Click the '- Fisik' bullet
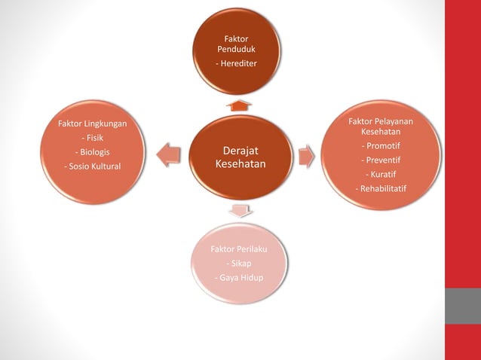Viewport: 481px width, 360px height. (93, 138)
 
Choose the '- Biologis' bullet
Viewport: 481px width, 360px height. (93, 152)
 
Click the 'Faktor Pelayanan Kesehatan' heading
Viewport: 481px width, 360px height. (381, 126)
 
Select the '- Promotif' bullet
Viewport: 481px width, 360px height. (381, 145)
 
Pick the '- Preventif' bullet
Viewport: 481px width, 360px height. (381, 160)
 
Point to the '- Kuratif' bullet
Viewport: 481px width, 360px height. (381, 174)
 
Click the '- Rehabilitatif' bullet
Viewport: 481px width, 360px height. (381, 188)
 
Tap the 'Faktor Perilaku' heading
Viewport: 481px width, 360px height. (239, 249)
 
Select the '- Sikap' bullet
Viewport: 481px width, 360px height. (239, 264)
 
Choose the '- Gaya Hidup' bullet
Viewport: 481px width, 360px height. (239, 279)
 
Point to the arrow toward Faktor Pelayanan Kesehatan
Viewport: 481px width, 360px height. (306, 156)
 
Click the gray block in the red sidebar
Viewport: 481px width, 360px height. (463, 306)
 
